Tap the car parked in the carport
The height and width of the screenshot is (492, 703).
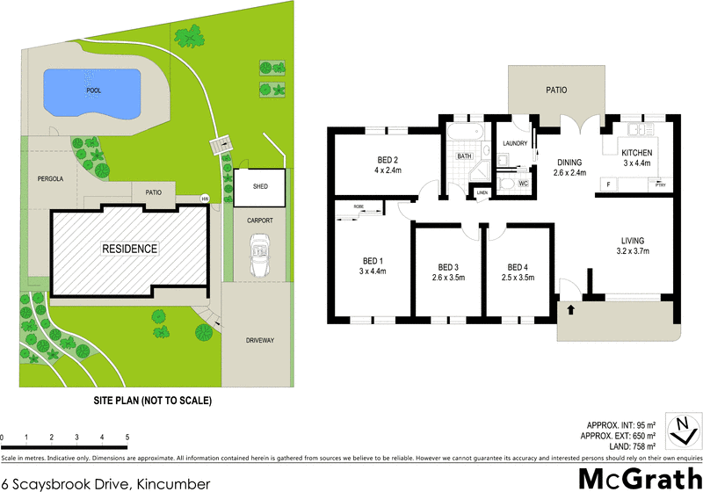click(259, 254)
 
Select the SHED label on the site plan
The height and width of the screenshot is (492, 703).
click(259, 187)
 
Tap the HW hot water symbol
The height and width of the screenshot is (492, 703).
click(205, 199)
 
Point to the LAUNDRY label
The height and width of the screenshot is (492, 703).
click(513, 143)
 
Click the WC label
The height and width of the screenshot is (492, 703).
click(522, 184)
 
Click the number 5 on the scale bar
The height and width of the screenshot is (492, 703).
click(127, 437)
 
